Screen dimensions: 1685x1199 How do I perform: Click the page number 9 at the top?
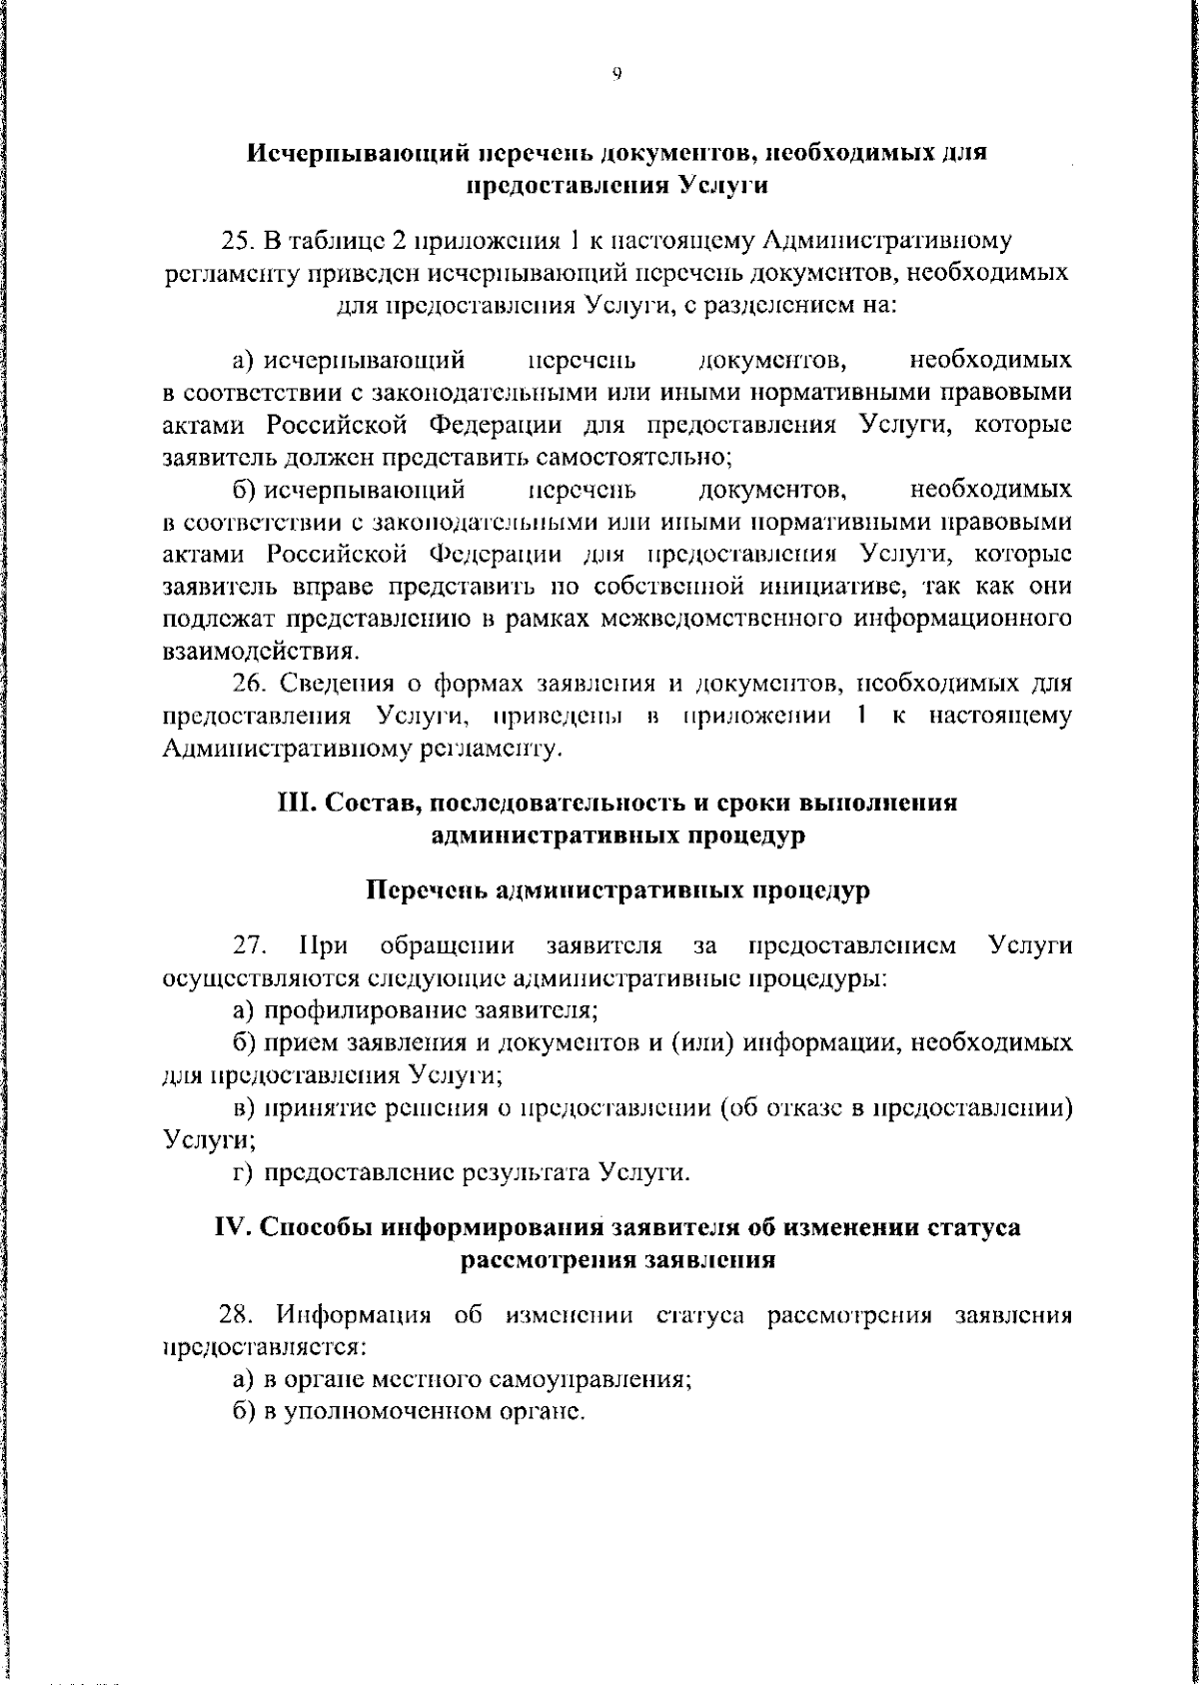point(616,73)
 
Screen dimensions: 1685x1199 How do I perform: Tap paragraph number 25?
point(240,241)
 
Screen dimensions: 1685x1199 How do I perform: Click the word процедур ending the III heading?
point(751,836)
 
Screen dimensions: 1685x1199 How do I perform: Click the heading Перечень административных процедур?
point(616,889)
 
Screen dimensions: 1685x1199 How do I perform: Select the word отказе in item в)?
point(809,1107)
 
